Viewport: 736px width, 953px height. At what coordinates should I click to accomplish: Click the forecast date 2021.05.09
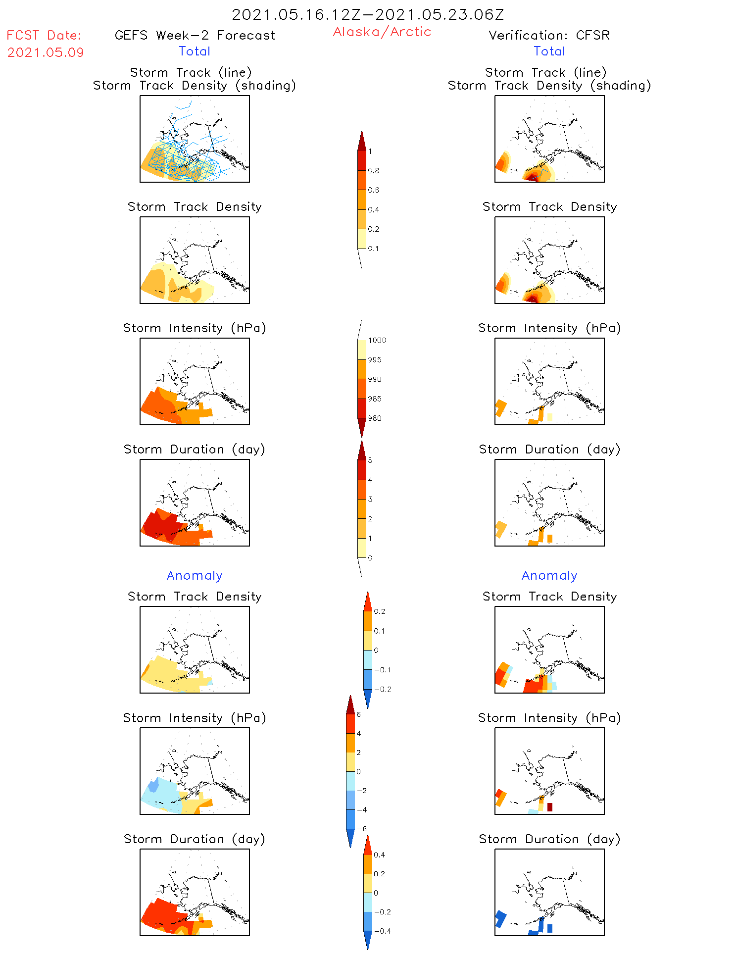[46, 52]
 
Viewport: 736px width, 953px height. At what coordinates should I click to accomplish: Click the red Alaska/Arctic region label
[382, 32]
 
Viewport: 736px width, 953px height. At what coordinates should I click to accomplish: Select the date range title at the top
[368, 14]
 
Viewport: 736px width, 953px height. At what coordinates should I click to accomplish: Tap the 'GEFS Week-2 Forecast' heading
[195, 35]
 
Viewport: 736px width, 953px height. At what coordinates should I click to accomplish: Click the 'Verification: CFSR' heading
[549, 35]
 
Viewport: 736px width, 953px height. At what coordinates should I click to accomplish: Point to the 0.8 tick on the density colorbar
[374, 171]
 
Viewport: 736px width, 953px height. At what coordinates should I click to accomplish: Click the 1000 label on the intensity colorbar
[377, 341]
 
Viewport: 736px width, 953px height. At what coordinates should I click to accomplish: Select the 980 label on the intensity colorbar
[375, 418]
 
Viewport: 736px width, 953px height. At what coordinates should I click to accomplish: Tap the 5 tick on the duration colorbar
[370, 460]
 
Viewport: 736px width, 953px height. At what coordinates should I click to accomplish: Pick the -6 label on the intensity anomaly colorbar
[362, 829]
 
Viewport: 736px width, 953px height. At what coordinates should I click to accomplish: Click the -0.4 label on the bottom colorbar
[382, 931]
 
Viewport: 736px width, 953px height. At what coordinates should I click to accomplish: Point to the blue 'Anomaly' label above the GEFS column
[195, 575]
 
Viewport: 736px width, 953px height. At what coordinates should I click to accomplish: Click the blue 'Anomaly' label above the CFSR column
[549, 575]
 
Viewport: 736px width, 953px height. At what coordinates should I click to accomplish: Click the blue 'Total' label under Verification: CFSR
[549, 51]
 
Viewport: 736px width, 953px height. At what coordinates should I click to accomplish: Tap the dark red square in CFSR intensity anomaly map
[550, 807]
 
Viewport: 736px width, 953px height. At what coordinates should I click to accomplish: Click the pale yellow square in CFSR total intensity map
[550, 417]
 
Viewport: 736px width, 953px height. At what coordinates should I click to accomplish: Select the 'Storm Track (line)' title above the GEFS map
[191, 72]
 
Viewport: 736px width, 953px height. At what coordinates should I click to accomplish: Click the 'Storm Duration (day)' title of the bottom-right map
[549, 839]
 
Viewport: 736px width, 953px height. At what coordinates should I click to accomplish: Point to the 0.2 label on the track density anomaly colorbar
[380, 612]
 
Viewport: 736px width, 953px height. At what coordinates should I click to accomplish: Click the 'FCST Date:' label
[44, 35]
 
